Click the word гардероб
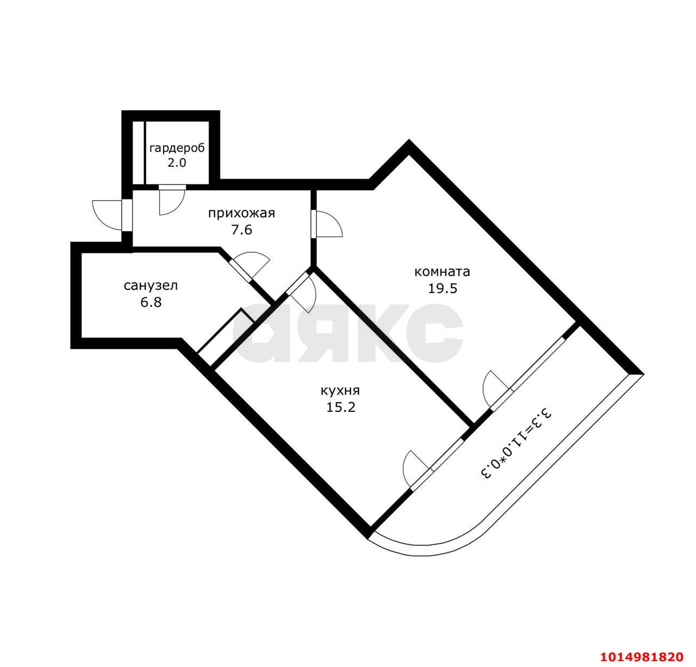point(177,148)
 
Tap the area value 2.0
point(177,163)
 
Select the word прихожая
point(242,214)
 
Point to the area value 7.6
point(242,229)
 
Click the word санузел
point(151,286)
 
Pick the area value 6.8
point(151,302)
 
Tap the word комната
point(442,272)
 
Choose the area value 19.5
point(443,288)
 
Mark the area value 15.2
point(341,407)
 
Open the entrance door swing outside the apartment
point(107,215)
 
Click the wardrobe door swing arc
point(172,202)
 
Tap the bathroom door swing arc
point(253,264)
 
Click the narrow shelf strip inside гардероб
point(139,153)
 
